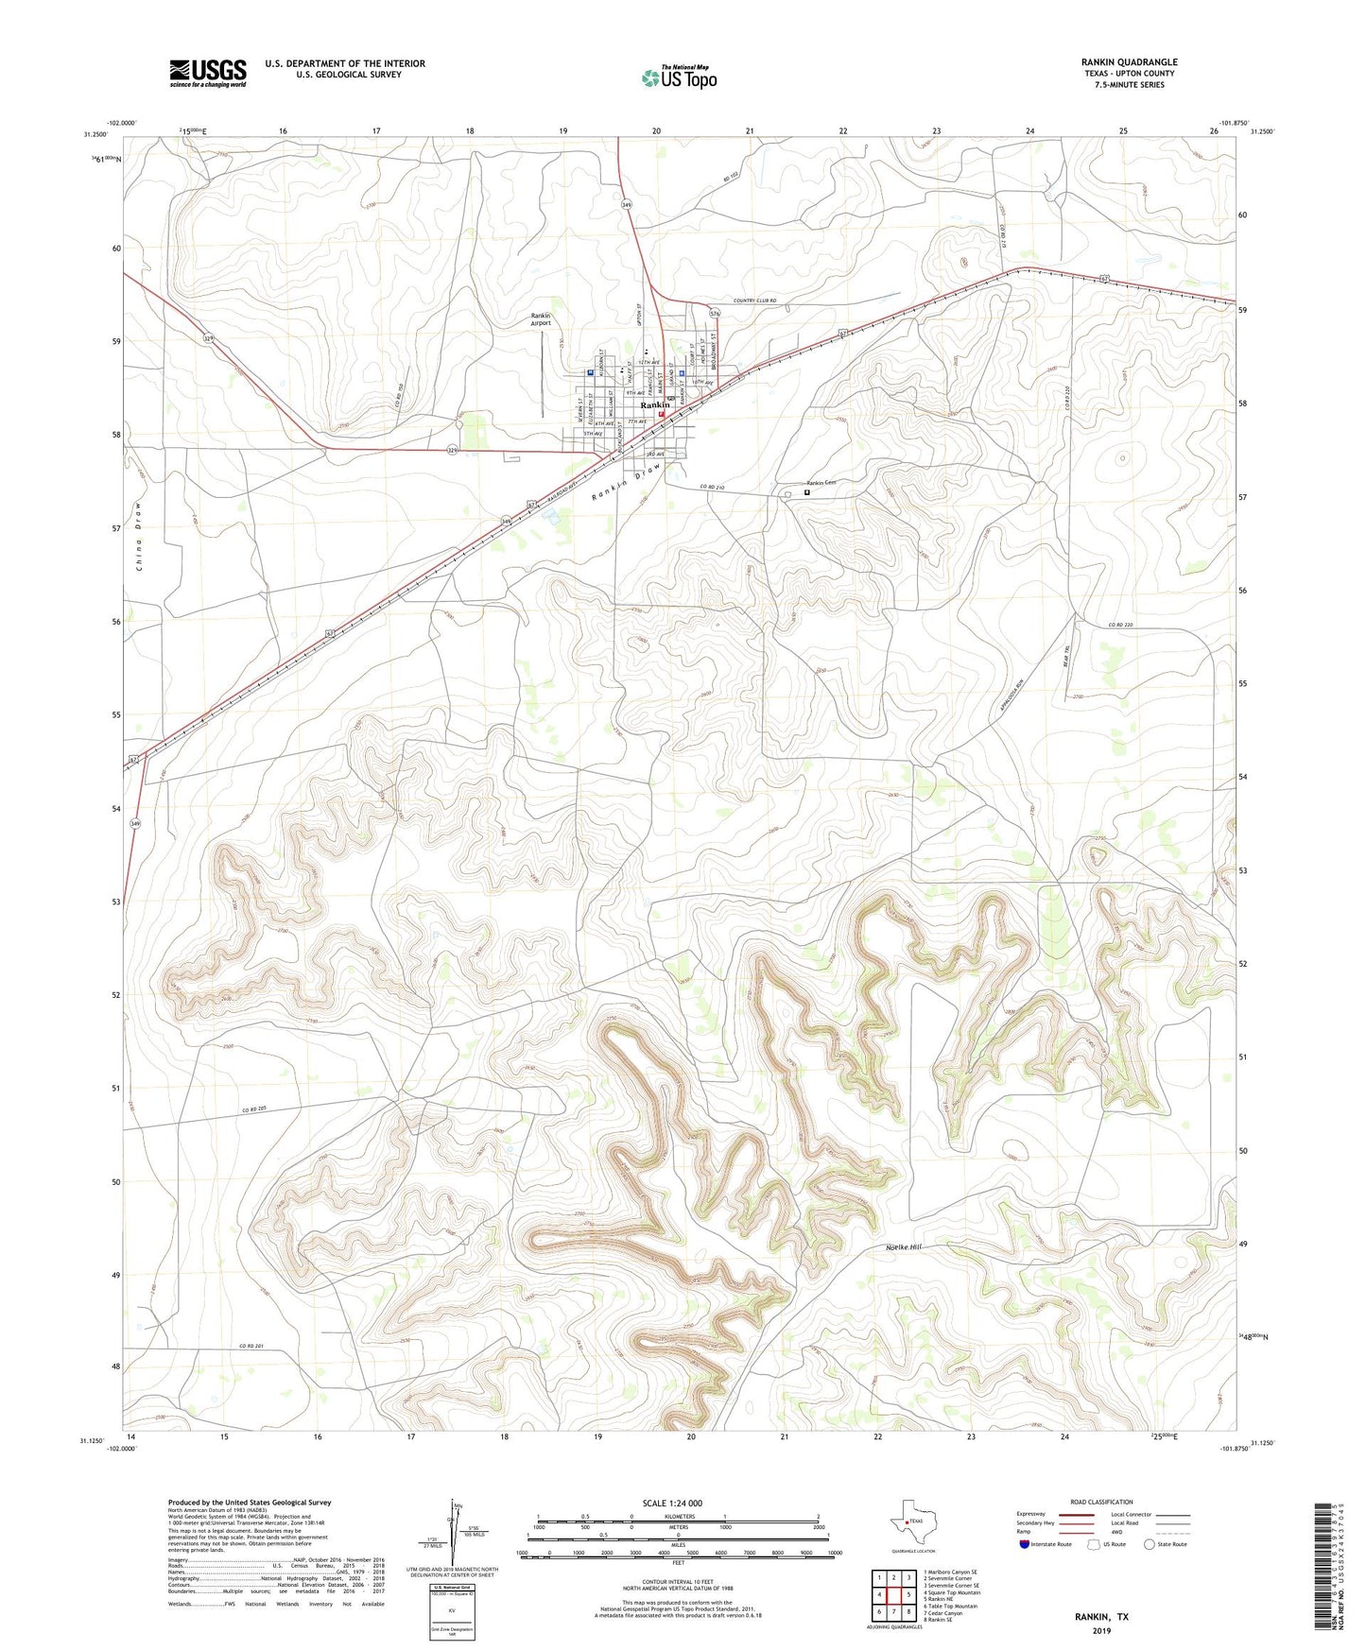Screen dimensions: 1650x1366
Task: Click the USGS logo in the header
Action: click(208, 73)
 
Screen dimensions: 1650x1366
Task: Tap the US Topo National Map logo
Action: click(678, 77)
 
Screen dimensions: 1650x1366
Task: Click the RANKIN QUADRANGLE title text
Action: click(1129, 62)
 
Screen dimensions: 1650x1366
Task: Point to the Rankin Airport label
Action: click(540, 319)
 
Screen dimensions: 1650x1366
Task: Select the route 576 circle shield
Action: click(715, 313)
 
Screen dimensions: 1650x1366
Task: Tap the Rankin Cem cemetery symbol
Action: click(807, 491)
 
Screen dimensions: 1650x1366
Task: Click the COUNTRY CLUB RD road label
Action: click(754, 301)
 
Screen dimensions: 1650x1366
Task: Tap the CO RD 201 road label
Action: click(253, 1346)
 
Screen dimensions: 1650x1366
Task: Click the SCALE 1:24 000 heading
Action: click(672, 1503)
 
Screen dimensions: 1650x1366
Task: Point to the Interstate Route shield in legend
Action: click(1026, 1544)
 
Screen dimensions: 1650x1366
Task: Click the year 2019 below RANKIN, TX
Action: click(1101, 1630)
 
